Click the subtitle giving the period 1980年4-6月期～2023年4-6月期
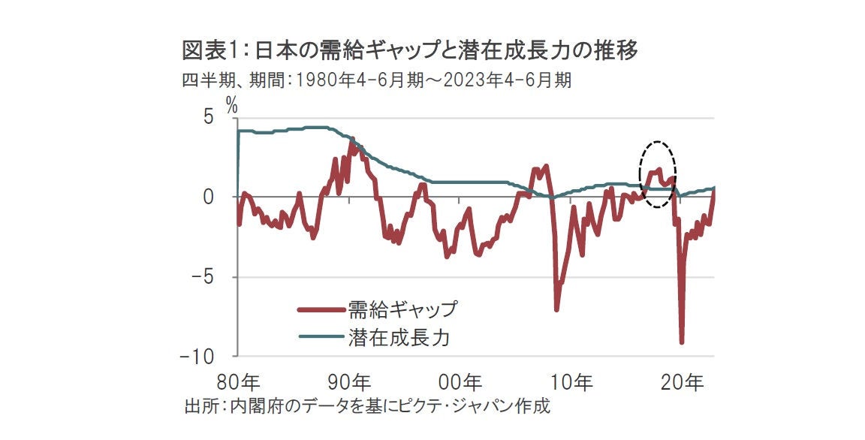point(377,80)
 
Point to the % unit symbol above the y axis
point(232,106)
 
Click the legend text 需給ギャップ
point(402,309)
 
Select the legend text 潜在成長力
point(399,337)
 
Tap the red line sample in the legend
point(321,309)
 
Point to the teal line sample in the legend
point(321,337)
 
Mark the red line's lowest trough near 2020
point(682,342)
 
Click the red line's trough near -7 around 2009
point(556,309)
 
